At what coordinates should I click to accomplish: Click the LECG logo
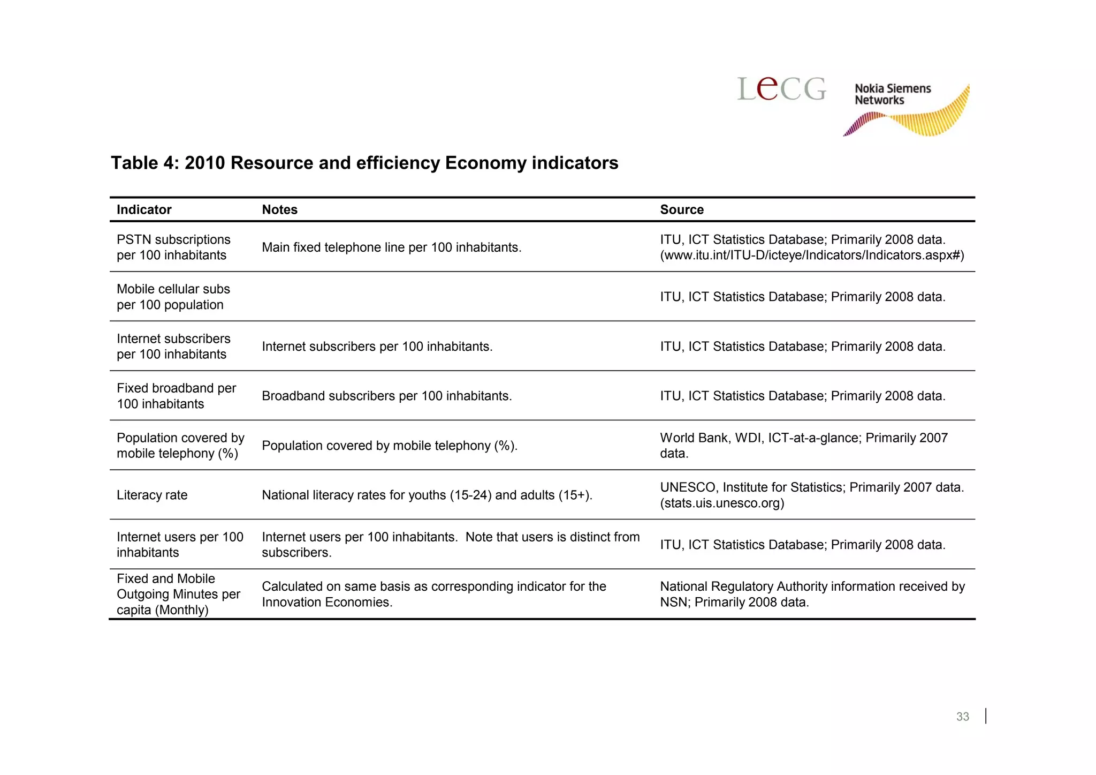coord(781,89)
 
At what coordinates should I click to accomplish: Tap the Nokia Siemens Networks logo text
coord(892,94)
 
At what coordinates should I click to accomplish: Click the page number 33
coord(962,717)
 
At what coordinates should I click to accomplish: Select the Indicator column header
coord(144,210)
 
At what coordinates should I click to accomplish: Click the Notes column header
coord(279,210)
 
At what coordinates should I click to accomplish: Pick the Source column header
coord(681,210)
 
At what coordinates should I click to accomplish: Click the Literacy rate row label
coord(152,495)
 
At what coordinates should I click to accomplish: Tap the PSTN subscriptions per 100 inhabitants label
coord(173,247)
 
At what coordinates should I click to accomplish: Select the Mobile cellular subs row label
coord(173,297)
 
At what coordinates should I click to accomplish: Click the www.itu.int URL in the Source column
coord(811,255)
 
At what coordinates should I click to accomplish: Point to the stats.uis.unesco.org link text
coord(722,503)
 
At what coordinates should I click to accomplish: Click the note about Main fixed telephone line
coord(391,247)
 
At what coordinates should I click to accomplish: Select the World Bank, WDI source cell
coord(803,446)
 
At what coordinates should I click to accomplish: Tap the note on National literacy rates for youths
coord(427,495)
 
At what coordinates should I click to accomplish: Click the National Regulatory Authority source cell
coord(811,594)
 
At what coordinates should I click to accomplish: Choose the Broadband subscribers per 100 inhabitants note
coord(386,396)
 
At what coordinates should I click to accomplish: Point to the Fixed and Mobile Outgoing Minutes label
coord(178,594)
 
